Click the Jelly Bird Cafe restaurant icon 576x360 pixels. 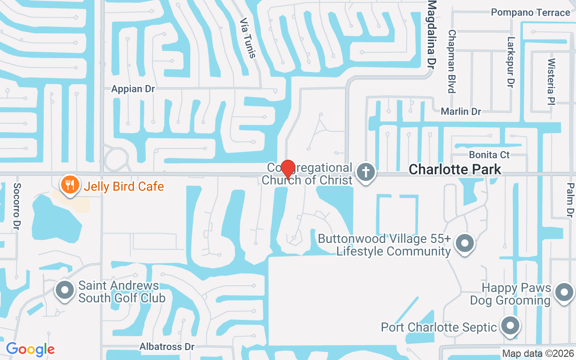pyautogui.click(x=69, y=185)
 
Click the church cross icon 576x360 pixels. pyautogui.click(x=365, y=172)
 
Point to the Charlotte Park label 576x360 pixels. pyautogui.click(x=454, y=170)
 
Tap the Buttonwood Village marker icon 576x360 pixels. pyautogui.click(x=465, y=243)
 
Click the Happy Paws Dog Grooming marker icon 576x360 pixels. pyautogui.click(x=564, y=292)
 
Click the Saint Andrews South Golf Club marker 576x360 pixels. pyautogui.click(x=64, y=290)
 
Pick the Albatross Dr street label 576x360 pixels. pyautogui.click(x=166, y=346)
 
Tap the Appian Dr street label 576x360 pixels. pyautogui.click(x=133, y=89)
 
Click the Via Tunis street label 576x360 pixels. pyautogui.click(x=248, y=38)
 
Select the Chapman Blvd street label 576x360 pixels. pyautogui.click(x=452, y=61)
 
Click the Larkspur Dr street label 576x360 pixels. pyautogui.click(x=510, y=62)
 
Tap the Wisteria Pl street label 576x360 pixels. pyautogui.click(x=552, y=81)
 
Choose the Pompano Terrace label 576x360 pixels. pyautogui.click(x=530, y=12)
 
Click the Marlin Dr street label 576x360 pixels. pyautogui.click(x=461, y=111)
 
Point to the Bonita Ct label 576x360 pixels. pyautogui.click(x=489, y=155)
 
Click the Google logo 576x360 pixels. pyautogui.click(x=30, y=349)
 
